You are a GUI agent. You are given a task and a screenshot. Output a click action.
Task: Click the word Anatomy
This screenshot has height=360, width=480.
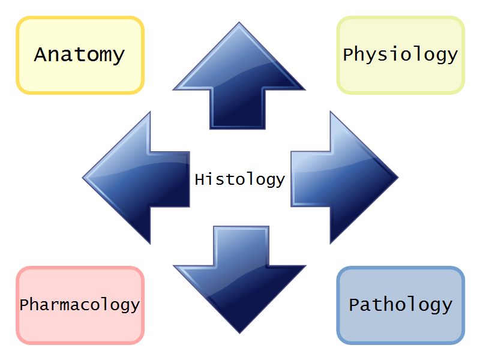point(79,55)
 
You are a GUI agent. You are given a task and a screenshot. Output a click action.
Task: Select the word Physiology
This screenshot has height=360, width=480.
point(400,55)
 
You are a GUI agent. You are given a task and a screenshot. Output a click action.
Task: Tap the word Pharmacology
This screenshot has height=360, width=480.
point(79,304)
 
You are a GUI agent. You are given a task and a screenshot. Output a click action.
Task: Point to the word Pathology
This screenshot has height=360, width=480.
point(400,304)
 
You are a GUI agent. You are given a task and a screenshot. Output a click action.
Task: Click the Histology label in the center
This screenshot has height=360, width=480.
point(239,179)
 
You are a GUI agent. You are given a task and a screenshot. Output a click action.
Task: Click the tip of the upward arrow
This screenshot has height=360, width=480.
point(239,25)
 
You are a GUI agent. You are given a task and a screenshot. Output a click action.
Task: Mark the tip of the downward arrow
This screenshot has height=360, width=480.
point(239,332)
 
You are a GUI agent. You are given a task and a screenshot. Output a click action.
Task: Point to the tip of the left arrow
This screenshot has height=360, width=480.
point(85,178)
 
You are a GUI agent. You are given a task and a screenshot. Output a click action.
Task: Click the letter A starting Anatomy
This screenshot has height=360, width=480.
point(41,55)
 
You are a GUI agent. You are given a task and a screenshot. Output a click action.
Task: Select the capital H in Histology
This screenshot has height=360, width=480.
point(200,179)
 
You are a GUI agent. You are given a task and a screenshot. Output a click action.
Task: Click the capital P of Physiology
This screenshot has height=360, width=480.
point(349,55)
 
